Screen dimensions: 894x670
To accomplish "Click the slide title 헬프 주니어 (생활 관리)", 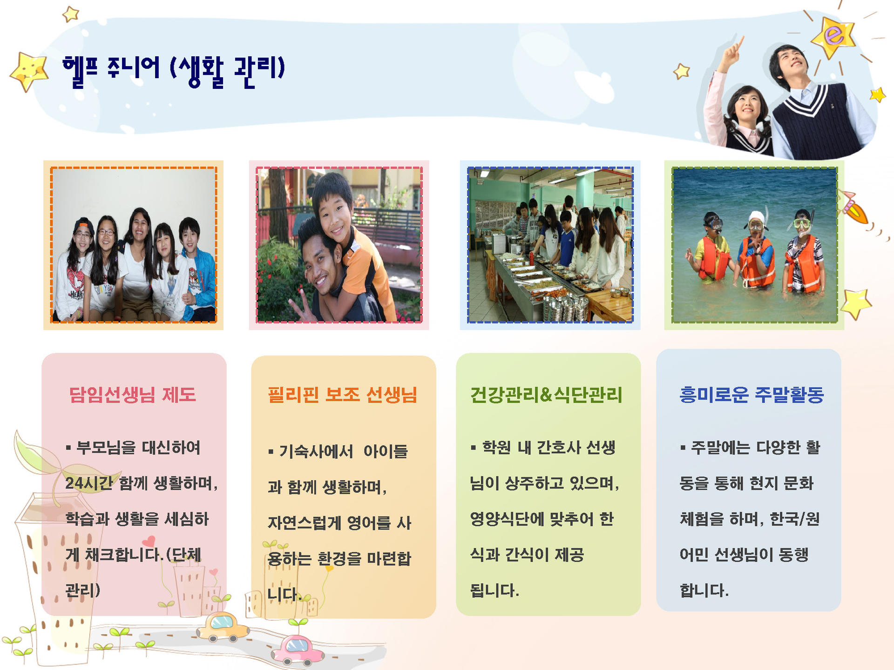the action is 174,71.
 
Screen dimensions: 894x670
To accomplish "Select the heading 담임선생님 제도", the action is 133,395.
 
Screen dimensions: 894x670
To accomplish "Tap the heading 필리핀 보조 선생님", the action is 342,395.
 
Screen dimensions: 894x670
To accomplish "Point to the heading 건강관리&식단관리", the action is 546,395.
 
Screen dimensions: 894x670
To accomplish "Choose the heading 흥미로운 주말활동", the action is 752,395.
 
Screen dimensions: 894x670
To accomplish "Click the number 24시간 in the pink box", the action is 89,483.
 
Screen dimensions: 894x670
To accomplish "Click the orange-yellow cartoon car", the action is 223,626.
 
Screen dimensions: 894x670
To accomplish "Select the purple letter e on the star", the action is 834,35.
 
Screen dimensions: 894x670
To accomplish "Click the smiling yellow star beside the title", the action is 29,71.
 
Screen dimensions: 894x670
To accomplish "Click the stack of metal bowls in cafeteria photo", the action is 564,307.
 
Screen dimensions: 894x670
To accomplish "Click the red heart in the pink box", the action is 148,541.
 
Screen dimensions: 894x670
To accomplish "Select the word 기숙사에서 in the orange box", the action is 316,451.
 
